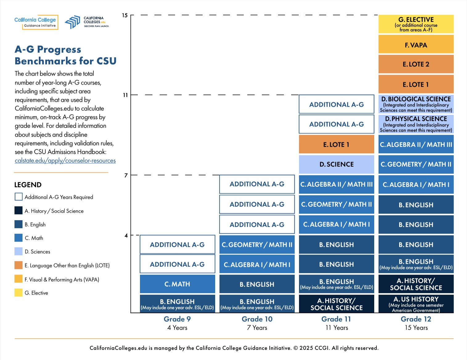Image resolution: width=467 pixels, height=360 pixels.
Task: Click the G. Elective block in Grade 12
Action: pos(416,24)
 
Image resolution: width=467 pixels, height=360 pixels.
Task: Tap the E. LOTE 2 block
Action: pos(416,64)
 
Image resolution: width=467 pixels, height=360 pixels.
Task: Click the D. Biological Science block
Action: pos(416,104)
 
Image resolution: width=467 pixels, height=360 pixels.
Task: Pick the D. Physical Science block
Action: pos(416,124)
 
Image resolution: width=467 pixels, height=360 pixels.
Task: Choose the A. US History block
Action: pos(416,304)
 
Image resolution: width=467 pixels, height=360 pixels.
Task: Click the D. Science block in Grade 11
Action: pos(336,164)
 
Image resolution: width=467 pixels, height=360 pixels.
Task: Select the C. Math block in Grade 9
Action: pos(177,284)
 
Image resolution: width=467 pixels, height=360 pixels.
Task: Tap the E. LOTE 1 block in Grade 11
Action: pos(336,144)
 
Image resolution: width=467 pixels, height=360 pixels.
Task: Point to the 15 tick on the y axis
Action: pos(125,15)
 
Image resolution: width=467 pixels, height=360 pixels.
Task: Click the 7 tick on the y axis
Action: pos(126,176)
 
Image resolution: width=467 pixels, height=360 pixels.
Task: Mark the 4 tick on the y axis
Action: pos(126,236)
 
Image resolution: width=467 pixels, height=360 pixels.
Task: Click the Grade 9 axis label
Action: pos(177,319)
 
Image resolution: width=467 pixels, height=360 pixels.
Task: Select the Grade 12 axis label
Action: pos(416,319)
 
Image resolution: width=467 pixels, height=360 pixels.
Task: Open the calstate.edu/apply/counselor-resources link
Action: pos(65,161)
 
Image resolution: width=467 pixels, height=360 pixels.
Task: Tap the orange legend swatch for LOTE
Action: pos(18,265)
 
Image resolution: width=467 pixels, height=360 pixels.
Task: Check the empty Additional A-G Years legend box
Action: pos(18,197)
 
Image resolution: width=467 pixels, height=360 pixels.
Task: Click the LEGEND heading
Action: pos(28,185)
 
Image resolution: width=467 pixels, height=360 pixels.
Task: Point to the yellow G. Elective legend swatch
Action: pos(18,293)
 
